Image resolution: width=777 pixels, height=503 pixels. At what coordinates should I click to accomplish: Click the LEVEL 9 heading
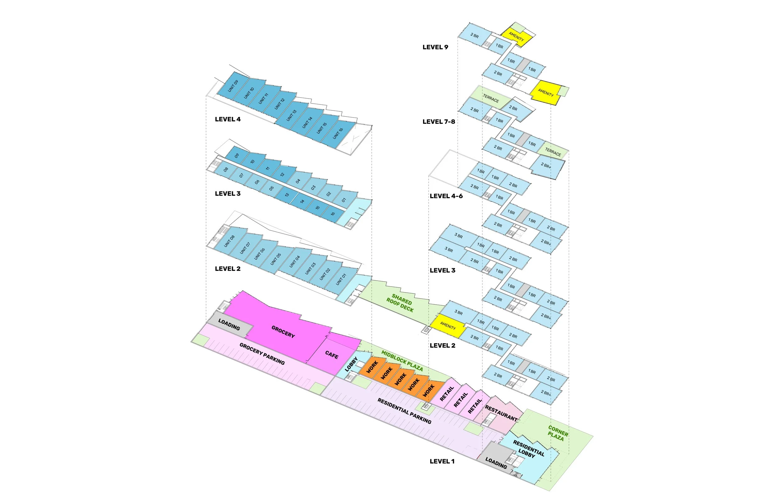[x=435, y=47]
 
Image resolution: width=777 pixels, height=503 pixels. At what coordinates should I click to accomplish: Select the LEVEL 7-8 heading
[x=439, y=122]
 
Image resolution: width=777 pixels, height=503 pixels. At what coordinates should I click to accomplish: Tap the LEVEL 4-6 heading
[x=446, y=196]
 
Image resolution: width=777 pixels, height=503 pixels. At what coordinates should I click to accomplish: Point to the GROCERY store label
[x=283, y=331]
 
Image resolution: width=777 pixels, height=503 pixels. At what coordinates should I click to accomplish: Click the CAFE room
[x=332, y=355]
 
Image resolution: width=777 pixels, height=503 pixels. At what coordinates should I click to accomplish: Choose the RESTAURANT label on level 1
[x=501, y=413]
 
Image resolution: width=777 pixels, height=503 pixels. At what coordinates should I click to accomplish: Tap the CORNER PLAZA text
[x=558, y=433]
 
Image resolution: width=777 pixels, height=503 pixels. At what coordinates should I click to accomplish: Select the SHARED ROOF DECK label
[x=401, y=303]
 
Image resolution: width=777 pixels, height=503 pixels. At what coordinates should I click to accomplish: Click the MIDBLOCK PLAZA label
[x=402, y=361]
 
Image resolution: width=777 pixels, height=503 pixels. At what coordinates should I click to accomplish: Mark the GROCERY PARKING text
[x=262, y=354]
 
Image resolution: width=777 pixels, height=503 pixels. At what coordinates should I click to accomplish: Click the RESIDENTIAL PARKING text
[x=404, y=411]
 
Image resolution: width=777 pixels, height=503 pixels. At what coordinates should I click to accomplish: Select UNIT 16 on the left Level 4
[x=338, y=133]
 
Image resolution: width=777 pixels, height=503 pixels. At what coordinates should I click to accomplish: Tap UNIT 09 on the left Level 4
[x=233, y=86]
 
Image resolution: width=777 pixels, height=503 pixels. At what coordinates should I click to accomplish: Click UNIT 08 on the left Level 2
[x=229, y=241]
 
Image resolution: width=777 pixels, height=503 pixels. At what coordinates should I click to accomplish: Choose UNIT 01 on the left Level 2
[x=341, y=279]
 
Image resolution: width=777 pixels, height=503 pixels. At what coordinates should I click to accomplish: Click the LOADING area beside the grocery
[x=229, y=325]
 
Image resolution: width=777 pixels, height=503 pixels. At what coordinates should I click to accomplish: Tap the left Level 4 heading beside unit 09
[x=228, y=119]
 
